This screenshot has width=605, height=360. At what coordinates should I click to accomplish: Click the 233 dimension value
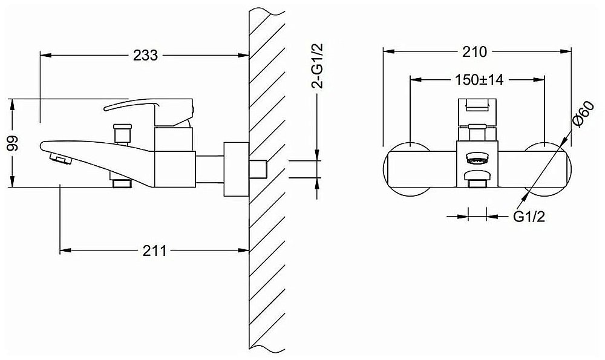(x=145, y=55)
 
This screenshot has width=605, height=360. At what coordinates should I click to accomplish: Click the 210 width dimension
(x=475, y=52)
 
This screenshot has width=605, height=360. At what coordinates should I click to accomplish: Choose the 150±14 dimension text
(x=477, y=79)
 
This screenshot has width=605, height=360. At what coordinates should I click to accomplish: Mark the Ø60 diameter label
(x=580, y=115)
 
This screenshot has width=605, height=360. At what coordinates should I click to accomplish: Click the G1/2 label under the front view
(x=529, y=217)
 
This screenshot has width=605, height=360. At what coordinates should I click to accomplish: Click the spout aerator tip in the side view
(x=58, y=160)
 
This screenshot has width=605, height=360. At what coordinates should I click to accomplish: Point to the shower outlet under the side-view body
(x=121, y=181)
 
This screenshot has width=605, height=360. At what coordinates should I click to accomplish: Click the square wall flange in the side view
(x=235, y=169)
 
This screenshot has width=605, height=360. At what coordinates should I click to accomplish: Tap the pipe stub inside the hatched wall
(x=259, y=169)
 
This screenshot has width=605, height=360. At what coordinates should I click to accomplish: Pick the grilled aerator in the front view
(x=477, y=160)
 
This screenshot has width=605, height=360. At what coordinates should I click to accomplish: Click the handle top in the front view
(x=477, y=107)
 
